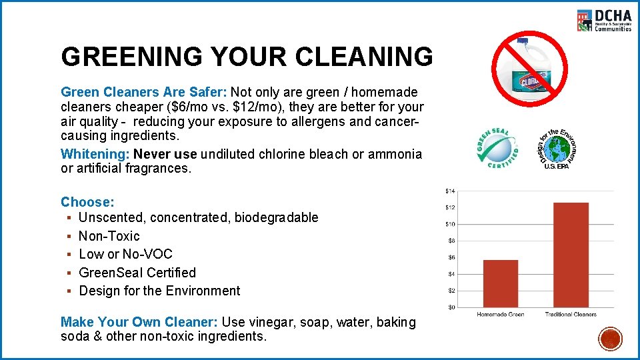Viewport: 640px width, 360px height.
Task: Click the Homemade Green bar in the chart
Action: [x=501, y=283]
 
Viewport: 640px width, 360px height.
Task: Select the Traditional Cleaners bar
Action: [x=571, y=255]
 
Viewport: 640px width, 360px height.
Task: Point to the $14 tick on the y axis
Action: [x=450, y=191]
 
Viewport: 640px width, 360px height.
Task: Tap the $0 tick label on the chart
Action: [x=451, y=307]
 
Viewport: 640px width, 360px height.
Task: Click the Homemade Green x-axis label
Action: [x=501, y=314]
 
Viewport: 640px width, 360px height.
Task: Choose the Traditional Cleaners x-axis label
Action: [x=571, y=314]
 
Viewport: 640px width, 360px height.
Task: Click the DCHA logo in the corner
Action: [x=604, y=20]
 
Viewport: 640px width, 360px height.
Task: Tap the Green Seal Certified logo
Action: [x=497, y=147]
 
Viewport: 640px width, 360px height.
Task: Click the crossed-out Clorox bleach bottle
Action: [x=529, y=65]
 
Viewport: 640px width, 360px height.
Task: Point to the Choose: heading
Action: [x=87, y=202]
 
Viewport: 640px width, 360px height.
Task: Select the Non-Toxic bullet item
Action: [x=109, y=236]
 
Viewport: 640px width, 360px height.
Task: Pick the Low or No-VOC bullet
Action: [x=125, y=254]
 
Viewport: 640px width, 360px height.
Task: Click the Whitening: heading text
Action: [x=95, y=154]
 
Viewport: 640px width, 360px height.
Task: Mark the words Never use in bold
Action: [x=165, y=154]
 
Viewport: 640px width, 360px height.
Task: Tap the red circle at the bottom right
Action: [x=610, y=339]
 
